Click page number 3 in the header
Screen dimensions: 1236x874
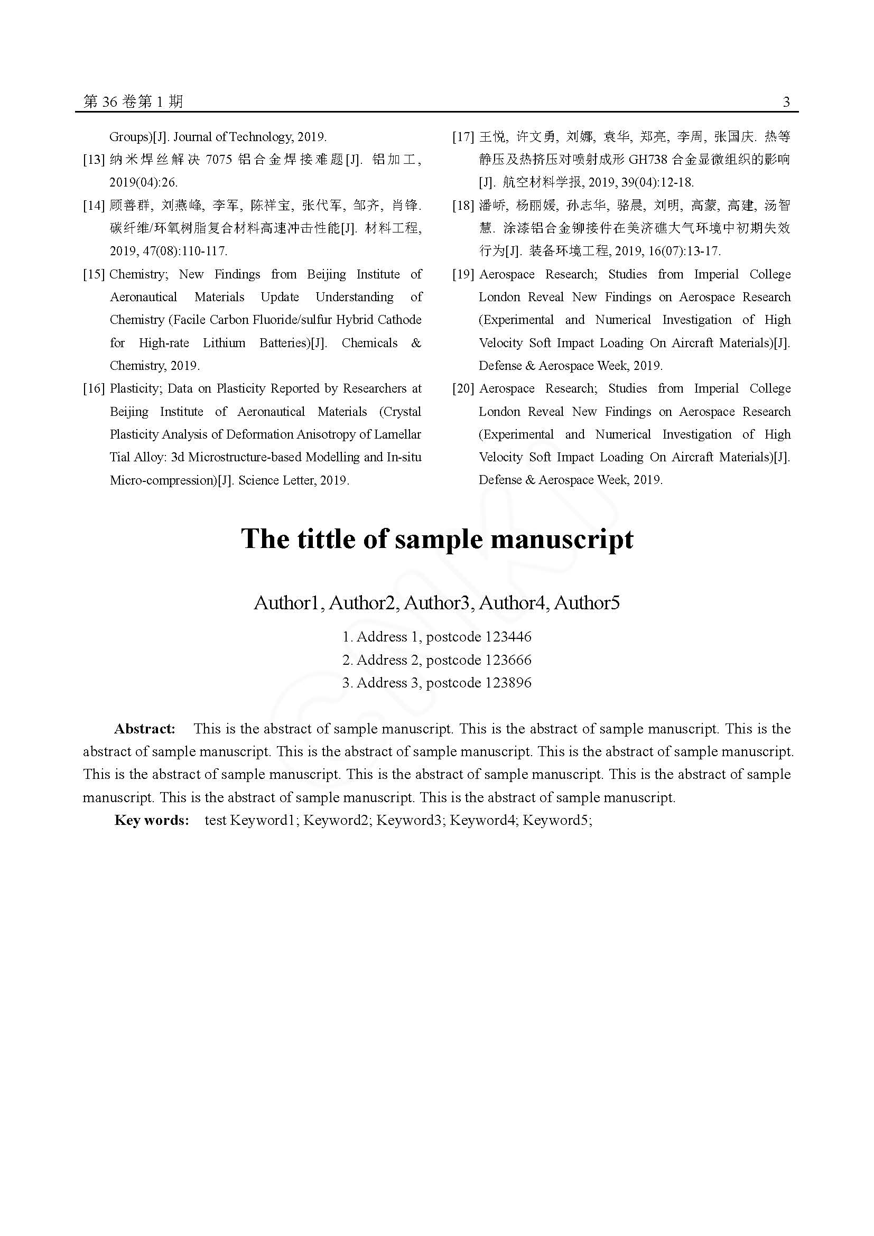[x=786, y=102]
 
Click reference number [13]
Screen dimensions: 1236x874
[x=94, y=160]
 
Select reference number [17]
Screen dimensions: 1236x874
[x=463, y=137]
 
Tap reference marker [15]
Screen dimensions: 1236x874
[x=94, y=275]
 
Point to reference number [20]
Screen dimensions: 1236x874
[x=463, y=389]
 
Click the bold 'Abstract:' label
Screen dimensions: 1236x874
[x=145, y=729]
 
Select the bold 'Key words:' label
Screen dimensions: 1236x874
[x=151, y=821]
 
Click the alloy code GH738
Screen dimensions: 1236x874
[x=647, y=160]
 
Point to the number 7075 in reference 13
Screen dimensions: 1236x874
[x=219, y=160]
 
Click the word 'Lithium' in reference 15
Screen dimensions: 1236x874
[x=224, y=343]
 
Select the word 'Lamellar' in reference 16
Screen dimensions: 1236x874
[x=398, y=434]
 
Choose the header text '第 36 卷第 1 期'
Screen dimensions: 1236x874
[x=134, y=102]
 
